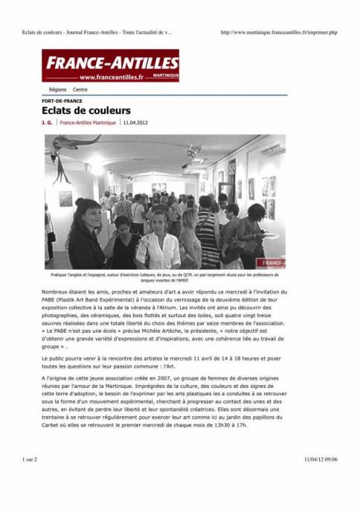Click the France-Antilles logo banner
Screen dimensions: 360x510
pyautogui.click(x=110, y=66)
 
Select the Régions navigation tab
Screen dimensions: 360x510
pyautogui.click(x=57, y=89)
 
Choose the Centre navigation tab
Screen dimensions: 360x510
pyautogui.click(x=80, y=89)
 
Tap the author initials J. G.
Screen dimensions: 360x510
pyautogui.click(x=47, y=122)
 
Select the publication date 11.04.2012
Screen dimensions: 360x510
pyautogui.click(x=136, y=122)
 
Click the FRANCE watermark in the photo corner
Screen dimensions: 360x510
pyautogui.click(x=271, y=263)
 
